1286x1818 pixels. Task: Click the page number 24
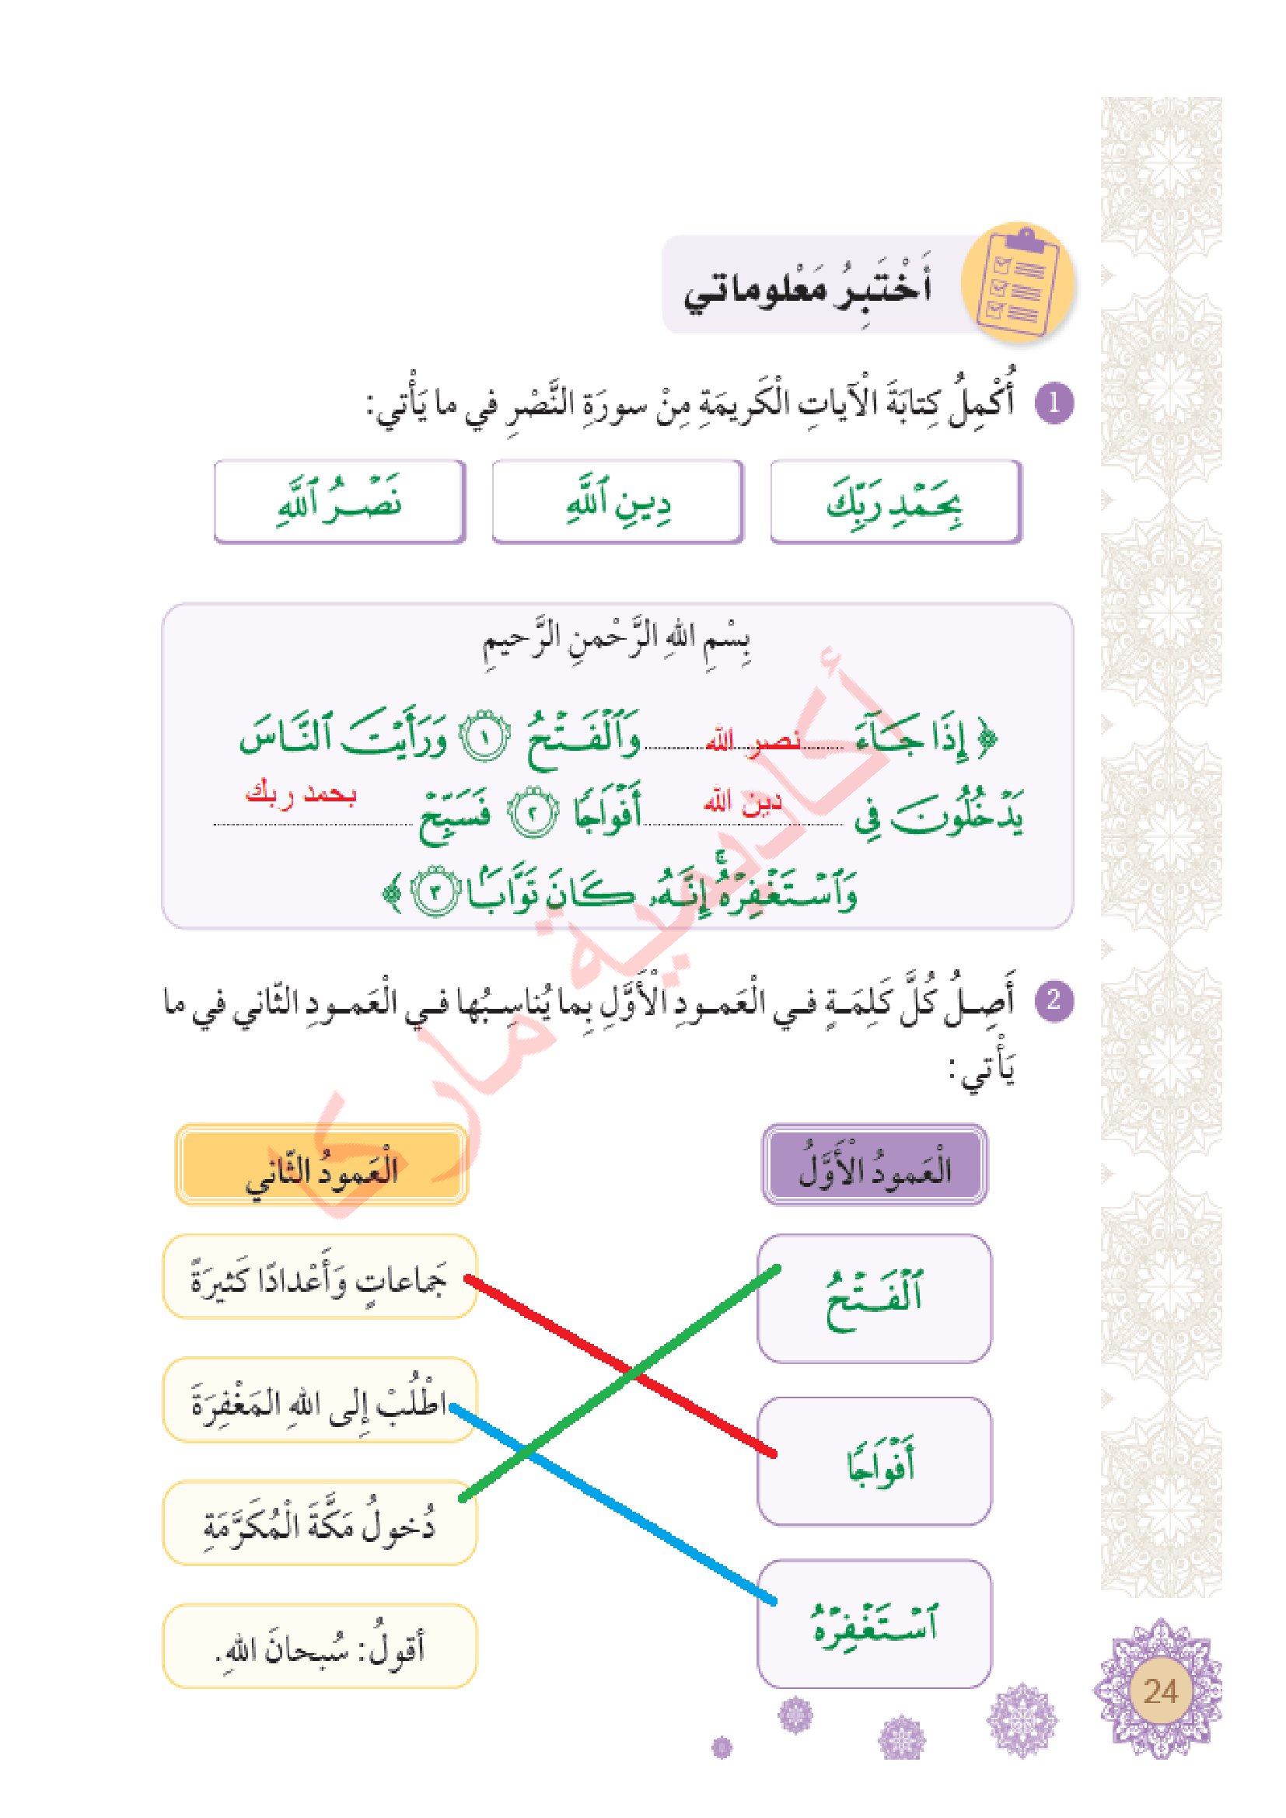click(1161, 1692)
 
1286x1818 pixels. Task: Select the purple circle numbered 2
click(1054, 1000)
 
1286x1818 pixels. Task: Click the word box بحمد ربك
click(896, 502)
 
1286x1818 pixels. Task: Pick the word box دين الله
click(617, 502)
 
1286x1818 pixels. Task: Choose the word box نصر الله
click(340, 502)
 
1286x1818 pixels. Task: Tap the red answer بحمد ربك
click(302, 795)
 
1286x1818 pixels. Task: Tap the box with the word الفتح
click(874, 1299)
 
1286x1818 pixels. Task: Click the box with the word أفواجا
click(874, 1464)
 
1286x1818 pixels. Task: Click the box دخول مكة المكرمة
click(320, 1523)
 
